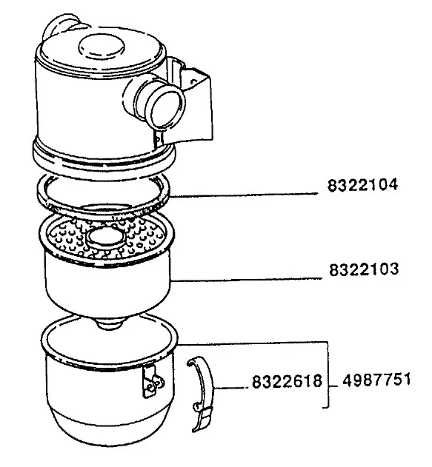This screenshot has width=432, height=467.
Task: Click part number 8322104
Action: click(362, 185)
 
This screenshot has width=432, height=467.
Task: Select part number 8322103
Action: click(364, 269)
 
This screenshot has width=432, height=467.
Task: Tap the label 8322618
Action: click(287, 381)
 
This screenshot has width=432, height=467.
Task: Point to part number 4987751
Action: click(376, 380)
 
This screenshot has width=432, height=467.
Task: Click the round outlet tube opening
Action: click(167, 108)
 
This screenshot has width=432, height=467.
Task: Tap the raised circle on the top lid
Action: click(102, 47)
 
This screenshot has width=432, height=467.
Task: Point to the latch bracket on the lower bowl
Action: click(152, 382)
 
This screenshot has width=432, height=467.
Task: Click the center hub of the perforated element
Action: click(105, 238)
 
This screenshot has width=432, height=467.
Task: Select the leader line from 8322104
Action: click(244, 195)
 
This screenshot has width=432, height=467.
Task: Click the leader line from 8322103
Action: click(246, 279)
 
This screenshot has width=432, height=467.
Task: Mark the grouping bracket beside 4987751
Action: click(328, 374)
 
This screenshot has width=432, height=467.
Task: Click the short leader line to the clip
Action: click(231, 388)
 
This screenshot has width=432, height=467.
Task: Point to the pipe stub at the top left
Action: click(61, 25)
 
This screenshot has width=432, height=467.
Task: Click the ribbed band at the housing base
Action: click(104, 156)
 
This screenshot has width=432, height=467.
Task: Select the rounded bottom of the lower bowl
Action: click(110, 429)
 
